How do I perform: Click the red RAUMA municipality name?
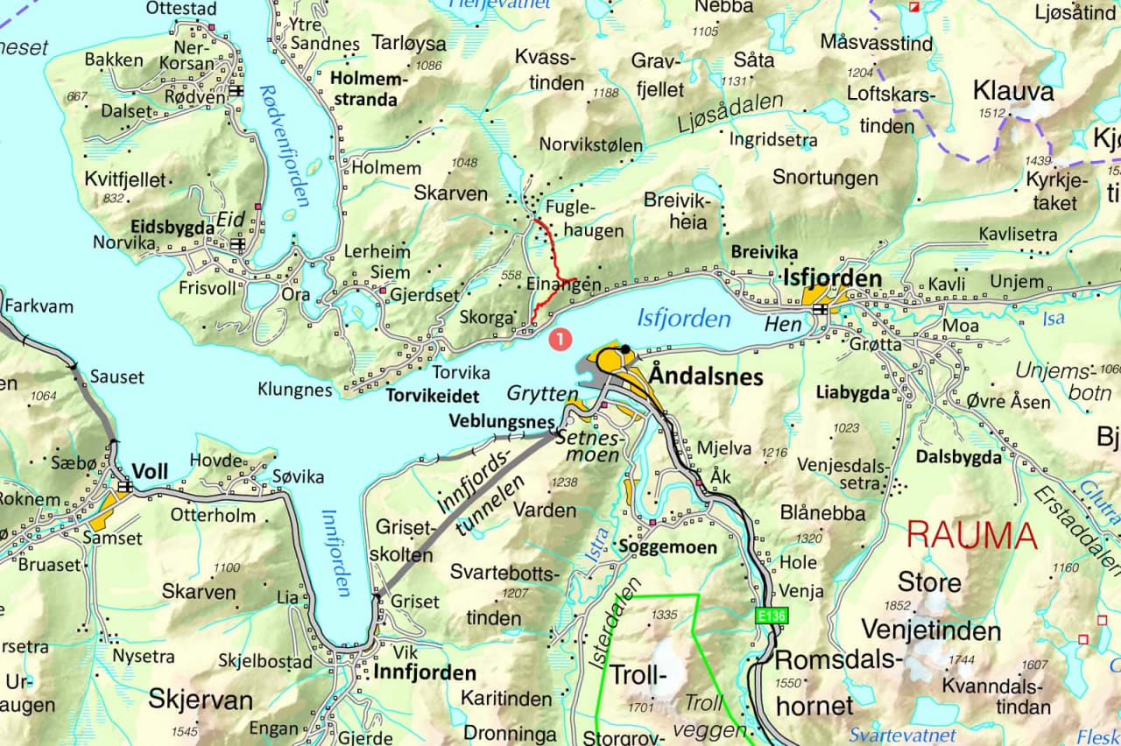pyautogui.click(x=971, y=534)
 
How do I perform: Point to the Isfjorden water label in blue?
pyautogui.click(x=684, y=318)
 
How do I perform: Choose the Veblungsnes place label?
pyautogui.click(x=501, y=420)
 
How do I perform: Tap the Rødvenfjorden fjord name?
pyautogui.click(x=284, y=145)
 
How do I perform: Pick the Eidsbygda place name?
pyautogui.click(x=173, y=227)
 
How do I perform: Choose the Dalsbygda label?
pyautogui.click(x=958, y=456)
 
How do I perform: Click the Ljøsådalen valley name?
pyautogui.click(x=730, y=114)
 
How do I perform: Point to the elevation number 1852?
pyautogui.click(x=898, y=605)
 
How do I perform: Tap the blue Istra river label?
pyautogui.click(x=595, y=538)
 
